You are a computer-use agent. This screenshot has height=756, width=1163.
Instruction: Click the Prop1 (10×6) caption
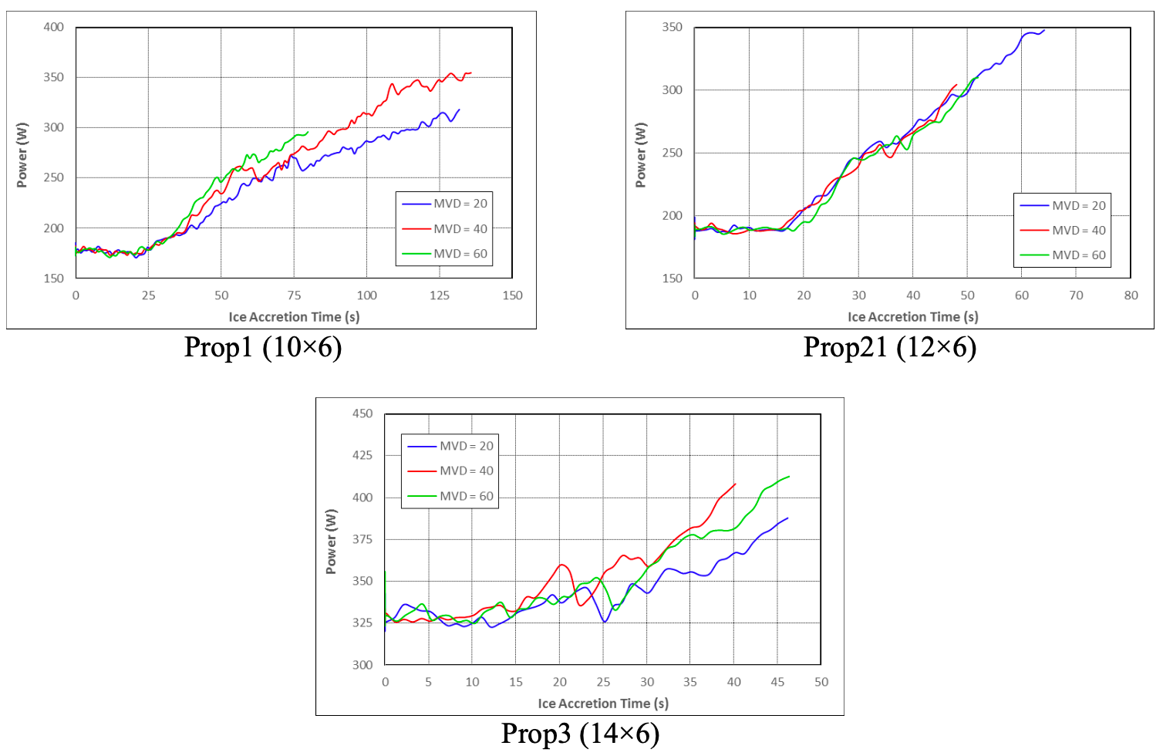[x=263, y=348]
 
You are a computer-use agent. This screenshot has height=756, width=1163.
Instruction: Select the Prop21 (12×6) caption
[x=889, y=348]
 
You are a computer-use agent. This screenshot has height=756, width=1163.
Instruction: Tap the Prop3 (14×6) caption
[x=580, y=734]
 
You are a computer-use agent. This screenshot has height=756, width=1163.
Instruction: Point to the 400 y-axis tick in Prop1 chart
[x=53, y=27]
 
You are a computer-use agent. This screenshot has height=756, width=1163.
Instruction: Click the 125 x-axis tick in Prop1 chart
[x=440, y=295]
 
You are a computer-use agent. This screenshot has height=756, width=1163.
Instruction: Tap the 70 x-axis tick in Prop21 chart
[x=1076, y=295]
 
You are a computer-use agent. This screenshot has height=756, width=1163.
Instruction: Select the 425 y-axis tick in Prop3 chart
[x=362, y=455]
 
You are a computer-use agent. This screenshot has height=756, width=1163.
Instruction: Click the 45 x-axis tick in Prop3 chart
[x=777, y=682]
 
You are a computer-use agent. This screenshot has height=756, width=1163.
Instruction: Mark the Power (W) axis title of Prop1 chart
[x=22, y=155]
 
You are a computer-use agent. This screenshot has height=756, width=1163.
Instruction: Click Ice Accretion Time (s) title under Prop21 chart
[x=912, y=317]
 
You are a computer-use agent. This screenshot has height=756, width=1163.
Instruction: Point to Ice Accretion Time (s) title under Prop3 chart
[x=603, y=704]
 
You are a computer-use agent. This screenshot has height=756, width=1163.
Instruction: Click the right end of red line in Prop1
[x=470, y=73]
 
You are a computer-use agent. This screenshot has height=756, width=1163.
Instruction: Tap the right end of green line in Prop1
[x=308, y=132]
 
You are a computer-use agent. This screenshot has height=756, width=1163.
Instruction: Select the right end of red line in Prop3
[x=735, y=484]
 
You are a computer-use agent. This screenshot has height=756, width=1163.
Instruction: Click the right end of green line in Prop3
[x=789, y=477]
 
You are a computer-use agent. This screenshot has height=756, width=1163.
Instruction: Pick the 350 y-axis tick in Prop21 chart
[x=672, y=27]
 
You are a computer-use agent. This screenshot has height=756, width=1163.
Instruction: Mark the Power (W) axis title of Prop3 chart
[x=331, y=542]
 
